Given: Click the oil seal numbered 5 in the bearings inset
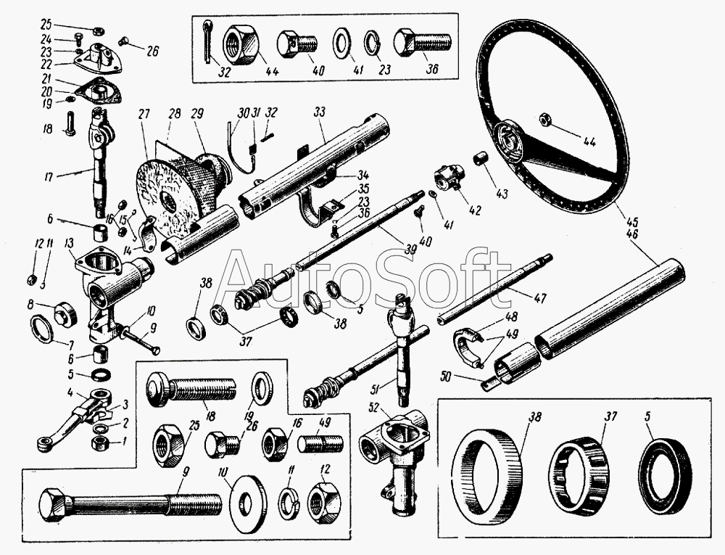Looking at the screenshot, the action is [x=659, y=465].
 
